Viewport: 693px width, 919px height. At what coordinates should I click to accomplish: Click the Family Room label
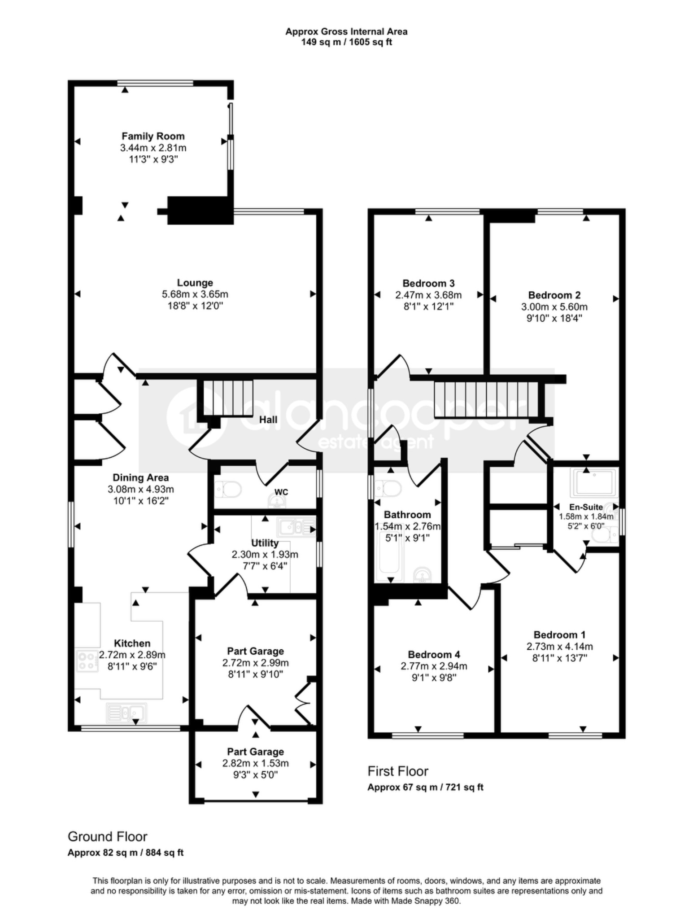(x=153, y=136)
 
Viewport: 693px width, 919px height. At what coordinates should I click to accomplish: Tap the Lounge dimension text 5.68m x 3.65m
(x=195, y=294)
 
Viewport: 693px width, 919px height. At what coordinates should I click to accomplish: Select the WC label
(x=281, y=492)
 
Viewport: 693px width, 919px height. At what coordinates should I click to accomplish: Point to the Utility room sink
(x=296, y=527)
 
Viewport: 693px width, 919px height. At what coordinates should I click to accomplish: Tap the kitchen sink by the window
(x=126, y=713)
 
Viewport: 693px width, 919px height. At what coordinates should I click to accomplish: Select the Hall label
(x=268, y=420)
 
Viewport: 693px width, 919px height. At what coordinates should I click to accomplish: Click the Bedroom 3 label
(x=428, y=283)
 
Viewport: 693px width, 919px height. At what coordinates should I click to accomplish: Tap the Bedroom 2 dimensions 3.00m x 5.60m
(x=554, y=307)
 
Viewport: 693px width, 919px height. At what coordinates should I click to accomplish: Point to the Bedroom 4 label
(x=434, y=655)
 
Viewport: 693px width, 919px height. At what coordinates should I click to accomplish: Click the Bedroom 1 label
(x=559, y=635)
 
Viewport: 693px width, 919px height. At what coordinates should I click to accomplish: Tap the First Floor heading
(x=398, y=771)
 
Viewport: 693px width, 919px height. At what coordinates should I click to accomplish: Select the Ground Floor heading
(x=107, y=836)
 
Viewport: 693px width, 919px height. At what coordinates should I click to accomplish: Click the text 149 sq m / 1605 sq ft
(x=346, y=43)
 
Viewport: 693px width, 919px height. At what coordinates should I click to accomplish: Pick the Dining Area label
(x=140, y=477)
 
